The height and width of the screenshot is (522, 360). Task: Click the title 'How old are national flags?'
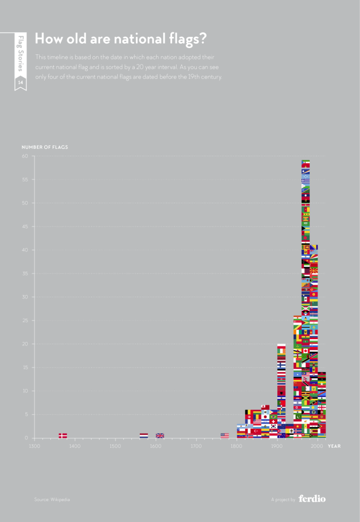click(x=120, y=38)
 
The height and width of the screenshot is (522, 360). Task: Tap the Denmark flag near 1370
click(x=63, y=435)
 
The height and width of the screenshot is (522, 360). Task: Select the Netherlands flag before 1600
click(x=144, y=435)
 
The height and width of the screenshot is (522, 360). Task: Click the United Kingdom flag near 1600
click(x=160, y=435)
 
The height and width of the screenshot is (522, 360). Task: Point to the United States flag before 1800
click(x=225, y=435)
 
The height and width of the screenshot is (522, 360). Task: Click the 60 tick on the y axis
click(x=25, y=156)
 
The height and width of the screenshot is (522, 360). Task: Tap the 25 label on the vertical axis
click(x=25, y=320)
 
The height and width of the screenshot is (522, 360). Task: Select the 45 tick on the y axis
click(x=25, y=226)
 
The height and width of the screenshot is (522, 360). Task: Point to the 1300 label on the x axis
click(x=34, y=446)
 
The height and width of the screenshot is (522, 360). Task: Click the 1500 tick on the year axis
click(x=115, y=446)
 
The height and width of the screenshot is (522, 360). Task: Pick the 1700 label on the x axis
click(x=196, y=446)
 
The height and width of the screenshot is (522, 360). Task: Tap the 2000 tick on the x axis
click(x=318, y=446)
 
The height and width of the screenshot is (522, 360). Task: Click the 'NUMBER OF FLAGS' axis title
click(x=45, y=147)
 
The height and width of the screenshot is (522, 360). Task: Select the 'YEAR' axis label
click(x=334, y=446)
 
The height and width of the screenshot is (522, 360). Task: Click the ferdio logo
click(x=312, y=499)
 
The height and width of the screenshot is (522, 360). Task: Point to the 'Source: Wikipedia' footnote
click(x=52, y=499)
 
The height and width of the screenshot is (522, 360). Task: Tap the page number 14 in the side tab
click(x=20, y=83)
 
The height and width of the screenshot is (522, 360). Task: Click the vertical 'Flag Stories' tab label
click(x=20, y=53)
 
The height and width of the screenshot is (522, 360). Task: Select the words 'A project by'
click(x=283, y=499)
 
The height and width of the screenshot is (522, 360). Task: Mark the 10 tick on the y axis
click(x=25, y=391)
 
